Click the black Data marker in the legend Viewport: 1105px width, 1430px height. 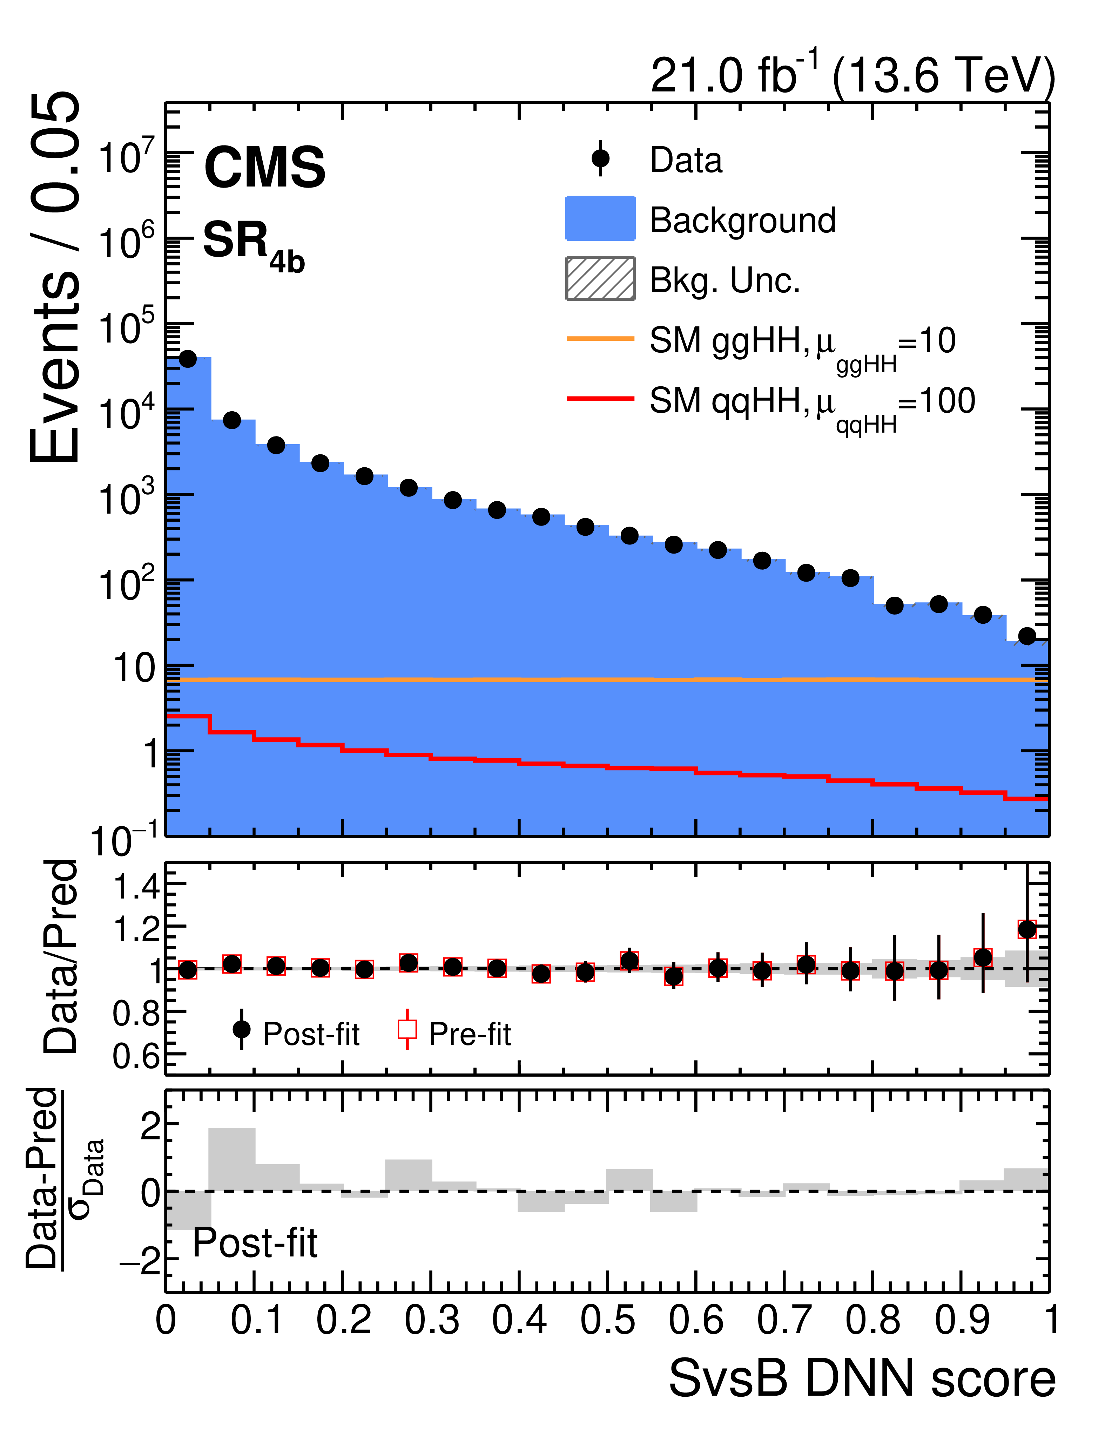pos(600,158)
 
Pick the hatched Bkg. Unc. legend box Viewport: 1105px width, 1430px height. pos(600,278)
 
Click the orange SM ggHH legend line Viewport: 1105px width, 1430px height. pos(600,339)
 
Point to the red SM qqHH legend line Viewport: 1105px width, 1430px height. pos(600,398)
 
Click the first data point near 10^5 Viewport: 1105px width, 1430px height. pos(188,359)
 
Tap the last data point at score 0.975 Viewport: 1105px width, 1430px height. pos(1027,636)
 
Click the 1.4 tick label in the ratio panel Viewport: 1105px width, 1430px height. pos(136,887)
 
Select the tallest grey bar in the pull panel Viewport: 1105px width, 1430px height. pos(232,1159)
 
